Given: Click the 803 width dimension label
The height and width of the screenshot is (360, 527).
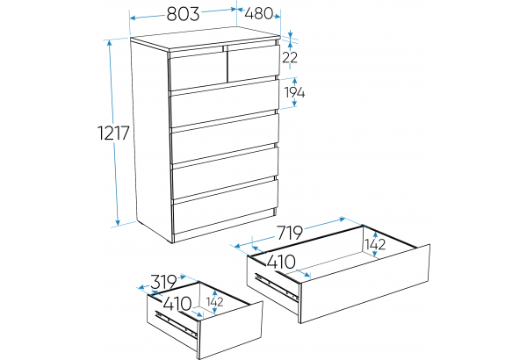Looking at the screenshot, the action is click(183, 14).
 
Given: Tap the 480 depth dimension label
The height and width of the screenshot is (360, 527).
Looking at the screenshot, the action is click(258, 14).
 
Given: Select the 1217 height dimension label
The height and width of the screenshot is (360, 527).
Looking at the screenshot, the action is click(113, 133).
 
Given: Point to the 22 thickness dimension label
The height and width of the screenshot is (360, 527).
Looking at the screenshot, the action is click(290, 58).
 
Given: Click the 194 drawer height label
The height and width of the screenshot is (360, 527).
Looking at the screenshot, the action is click(295, 92).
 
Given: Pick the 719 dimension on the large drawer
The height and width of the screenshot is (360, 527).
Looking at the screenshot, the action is click(289, 233).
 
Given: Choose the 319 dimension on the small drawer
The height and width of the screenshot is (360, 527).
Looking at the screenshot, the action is click(163, 282).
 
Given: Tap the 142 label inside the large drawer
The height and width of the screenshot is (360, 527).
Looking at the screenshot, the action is click(375, 244).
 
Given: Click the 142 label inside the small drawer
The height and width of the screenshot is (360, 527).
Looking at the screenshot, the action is click(215, 302).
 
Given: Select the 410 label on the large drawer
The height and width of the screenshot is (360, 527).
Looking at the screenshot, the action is click(281, 262).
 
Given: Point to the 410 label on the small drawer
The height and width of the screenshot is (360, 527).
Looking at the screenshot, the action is click(177, 304).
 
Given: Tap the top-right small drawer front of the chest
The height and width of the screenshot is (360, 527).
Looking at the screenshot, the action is click(254, 63).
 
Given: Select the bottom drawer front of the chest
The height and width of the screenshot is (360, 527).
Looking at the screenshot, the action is click(225, 206).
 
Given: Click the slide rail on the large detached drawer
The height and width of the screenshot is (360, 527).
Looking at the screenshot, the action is click(277, 286).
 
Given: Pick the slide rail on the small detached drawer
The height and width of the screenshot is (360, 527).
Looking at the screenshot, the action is click(176, 323).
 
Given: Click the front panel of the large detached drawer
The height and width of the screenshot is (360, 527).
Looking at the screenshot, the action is click(365, 284).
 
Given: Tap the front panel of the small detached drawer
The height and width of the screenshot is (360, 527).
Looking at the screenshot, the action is click(230, 330).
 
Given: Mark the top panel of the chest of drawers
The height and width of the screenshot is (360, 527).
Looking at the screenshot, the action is click(205, 40).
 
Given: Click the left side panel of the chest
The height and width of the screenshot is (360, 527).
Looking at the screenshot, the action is click(152, 141).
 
